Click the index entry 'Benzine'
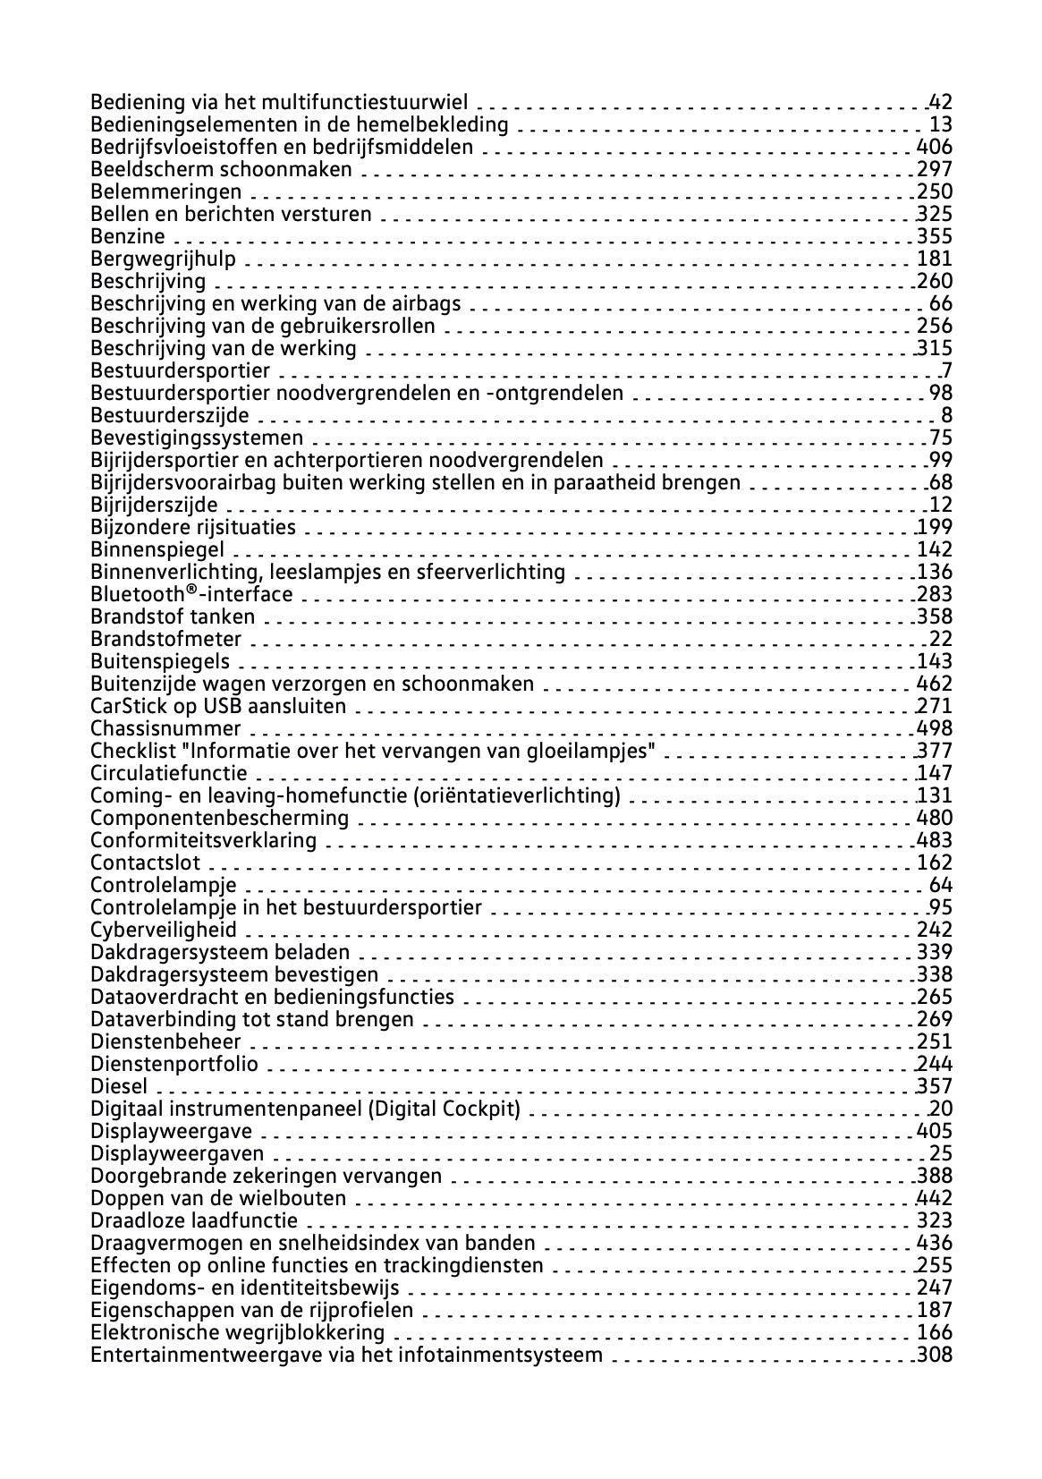(128, 237)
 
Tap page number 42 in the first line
(940, 103)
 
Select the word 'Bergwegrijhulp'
(164, 259)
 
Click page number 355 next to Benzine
(935, 237)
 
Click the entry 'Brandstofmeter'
(166, 640)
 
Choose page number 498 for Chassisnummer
(935, 729)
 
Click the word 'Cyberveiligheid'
(164, 931)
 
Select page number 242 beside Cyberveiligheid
(935, 931)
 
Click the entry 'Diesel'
(119, 1087)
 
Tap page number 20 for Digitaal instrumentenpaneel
(941, 1109)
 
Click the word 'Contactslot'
(146, 863)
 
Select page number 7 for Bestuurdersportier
(946, 371)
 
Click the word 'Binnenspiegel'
(157, 550)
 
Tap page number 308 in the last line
(935, 1356)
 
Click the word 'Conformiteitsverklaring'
(204, 841)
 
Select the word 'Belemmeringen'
(166, 192)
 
